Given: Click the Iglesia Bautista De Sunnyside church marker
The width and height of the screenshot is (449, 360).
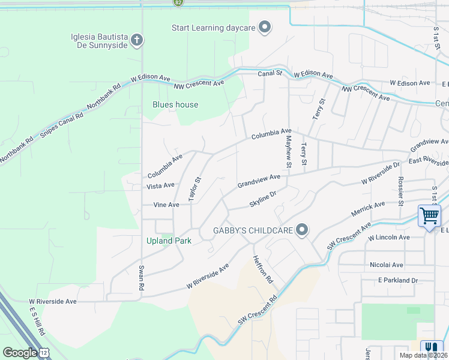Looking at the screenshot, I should pos(137,41).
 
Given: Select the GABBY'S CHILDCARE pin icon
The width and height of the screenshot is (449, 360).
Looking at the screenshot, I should pos(302,230).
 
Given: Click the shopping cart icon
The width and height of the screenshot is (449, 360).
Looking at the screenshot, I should pos(429,215).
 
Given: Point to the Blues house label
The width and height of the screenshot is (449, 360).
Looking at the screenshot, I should pos(175,104).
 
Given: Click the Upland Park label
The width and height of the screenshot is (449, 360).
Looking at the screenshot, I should pos(169,241).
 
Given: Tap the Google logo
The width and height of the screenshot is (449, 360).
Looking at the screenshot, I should pos(20,352).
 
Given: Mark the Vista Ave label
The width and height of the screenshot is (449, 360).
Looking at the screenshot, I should pos(161,185).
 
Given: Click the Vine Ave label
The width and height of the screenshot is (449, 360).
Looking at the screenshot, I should pos(166,205).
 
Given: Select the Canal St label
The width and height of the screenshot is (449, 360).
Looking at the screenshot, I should pos(270,73).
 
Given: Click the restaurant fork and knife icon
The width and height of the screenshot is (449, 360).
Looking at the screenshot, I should pos(431,347).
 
